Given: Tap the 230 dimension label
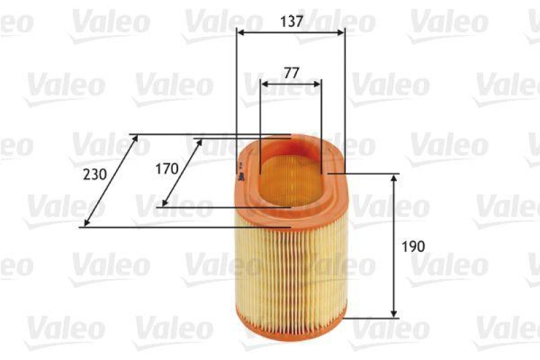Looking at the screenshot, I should click(94, 174).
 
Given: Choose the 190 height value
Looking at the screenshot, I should click(413, 247).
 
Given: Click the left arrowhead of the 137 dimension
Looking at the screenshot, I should click(240, 30).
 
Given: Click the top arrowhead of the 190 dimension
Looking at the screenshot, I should click(395, 177).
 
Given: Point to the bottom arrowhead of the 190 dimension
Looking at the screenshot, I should click(395, 313).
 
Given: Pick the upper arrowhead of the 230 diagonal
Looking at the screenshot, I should click(136, 138).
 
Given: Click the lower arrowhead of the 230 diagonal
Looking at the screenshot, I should click(85, 224).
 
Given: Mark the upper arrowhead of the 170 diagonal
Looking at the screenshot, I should click(200, 142).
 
